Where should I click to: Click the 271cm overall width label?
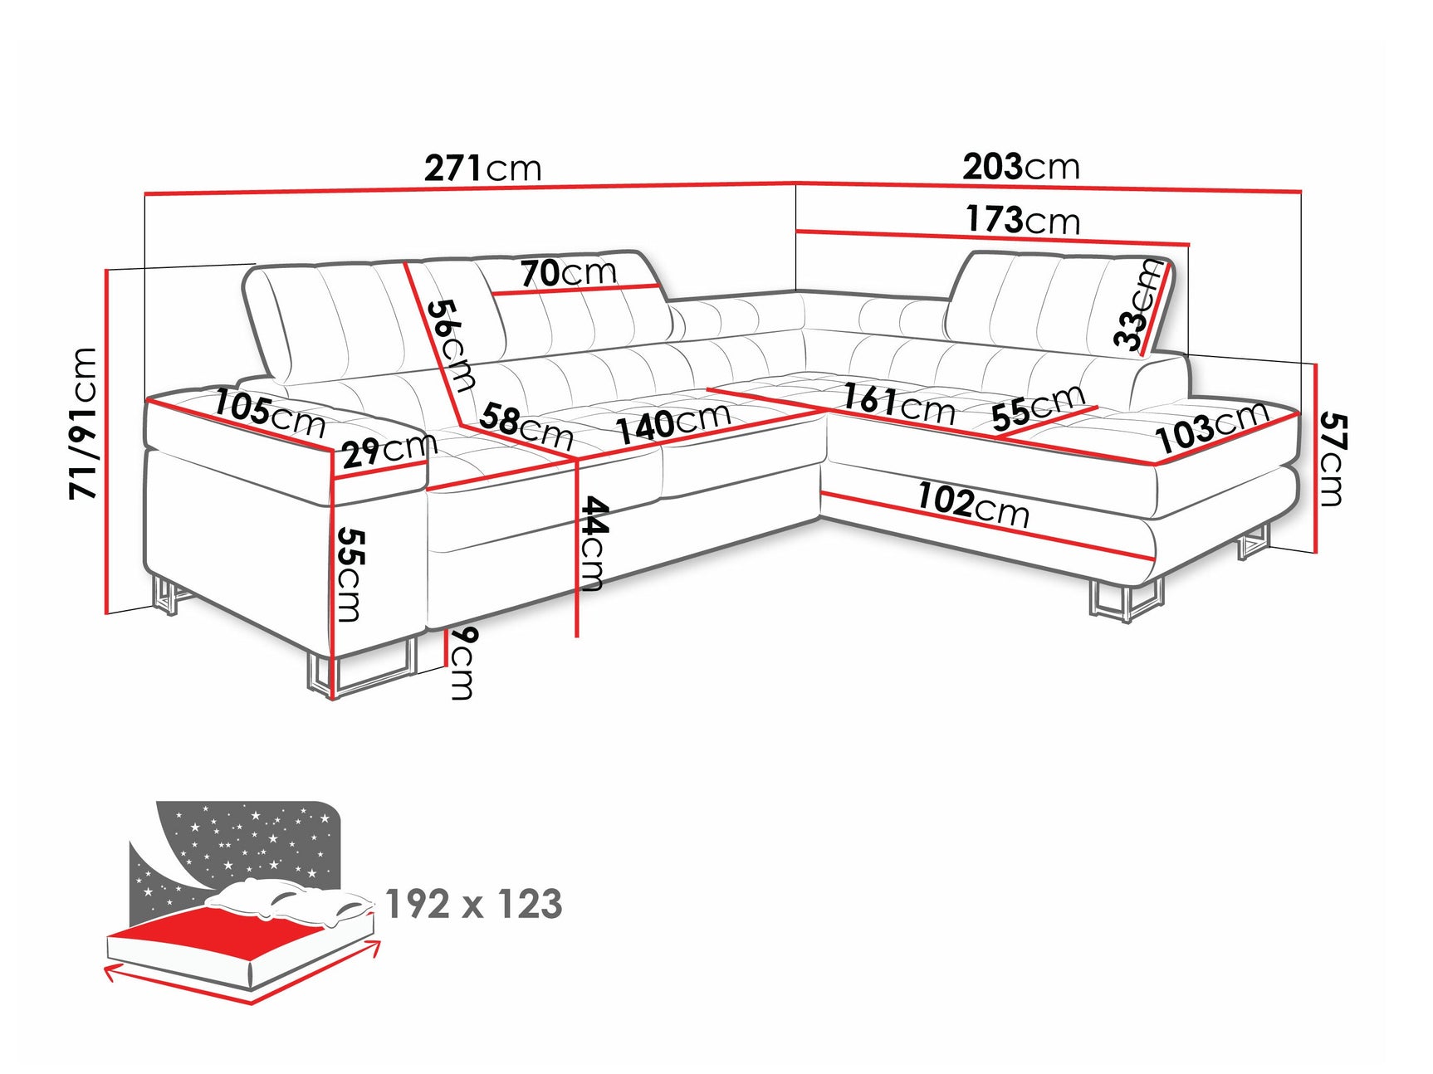click(482, 168)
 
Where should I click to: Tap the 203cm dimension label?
click(1021, 167)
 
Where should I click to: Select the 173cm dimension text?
click(1022, 220)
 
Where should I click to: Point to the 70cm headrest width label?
click(569, 272)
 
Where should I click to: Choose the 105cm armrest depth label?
click(270, 413)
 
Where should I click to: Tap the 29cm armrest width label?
click(389, 450)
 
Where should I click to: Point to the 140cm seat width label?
click(673, 422)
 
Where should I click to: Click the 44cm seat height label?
click(594, 544)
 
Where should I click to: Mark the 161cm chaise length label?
click(897, 402)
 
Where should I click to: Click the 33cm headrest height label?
click(1140, 304)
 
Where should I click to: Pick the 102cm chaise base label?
click(973, 505)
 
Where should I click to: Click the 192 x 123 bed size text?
click(474, 904)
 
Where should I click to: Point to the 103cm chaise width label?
click(1213, 427)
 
